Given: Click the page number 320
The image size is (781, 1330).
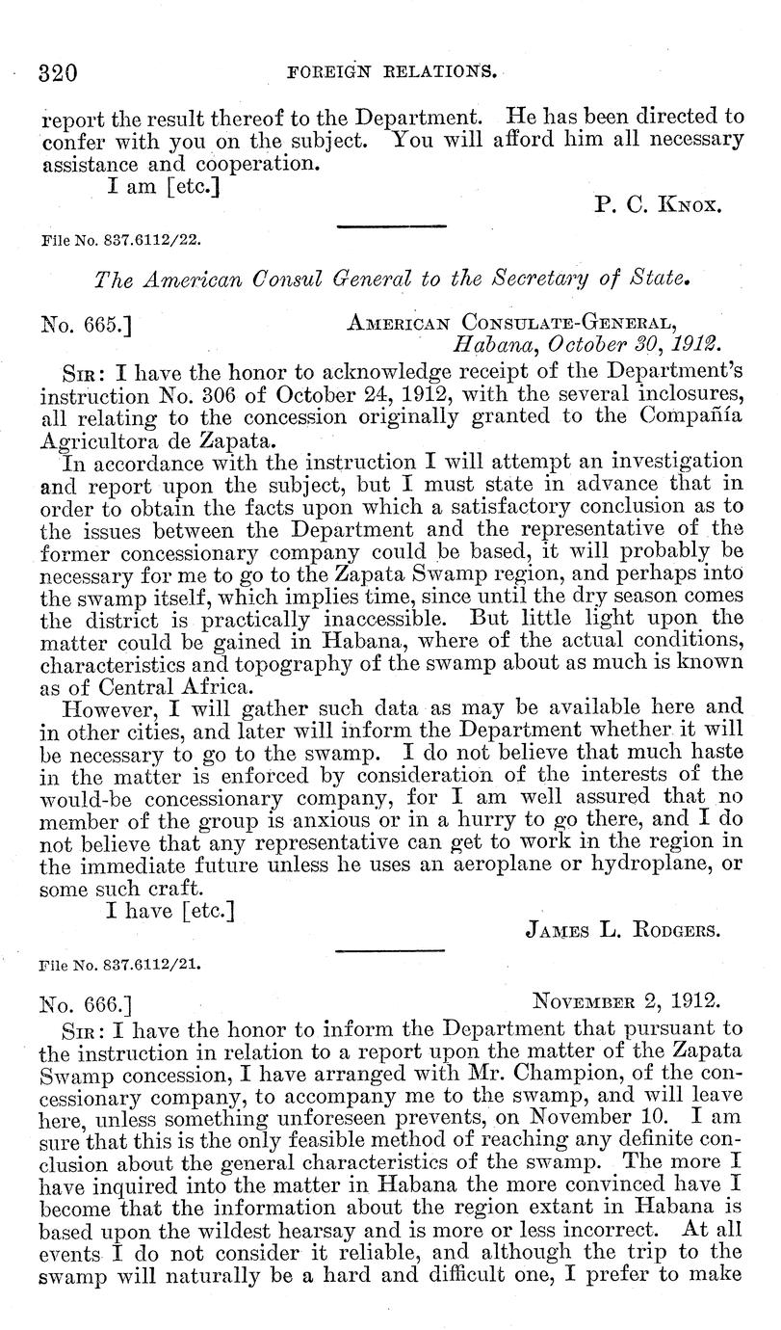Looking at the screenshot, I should pos(57,73).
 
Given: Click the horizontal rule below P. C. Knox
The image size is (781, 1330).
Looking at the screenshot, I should pos(391,226).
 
